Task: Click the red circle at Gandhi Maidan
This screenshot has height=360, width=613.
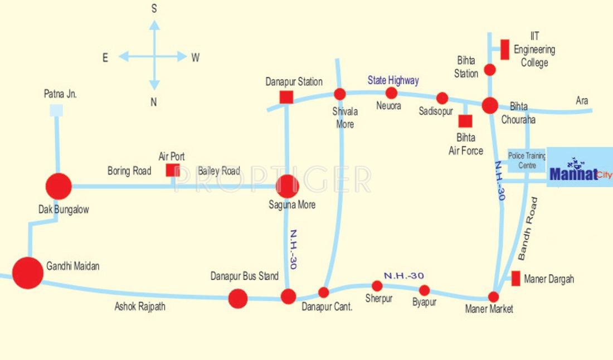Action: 28,273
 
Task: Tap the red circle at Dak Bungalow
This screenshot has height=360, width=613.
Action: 58,186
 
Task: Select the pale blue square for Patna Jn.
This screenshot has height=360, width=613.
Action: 56,110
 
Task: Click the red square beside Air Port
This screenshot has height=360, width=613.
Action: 173,170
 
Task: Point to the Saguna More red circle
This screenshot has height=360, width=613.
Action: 287,187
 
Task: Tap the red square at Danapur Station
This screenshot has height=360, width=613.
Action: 286,97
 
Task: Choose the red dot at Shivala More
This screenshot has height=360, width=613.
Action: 339,94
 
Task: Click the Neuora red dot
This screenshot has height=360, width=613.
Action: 391,93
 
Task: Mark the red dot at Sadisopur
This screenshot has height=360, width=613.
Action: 442,99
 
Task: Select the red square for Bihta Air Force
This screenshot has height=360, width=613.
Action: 465,121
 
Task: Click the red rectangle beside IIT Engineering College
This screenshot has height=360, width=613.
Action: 505,50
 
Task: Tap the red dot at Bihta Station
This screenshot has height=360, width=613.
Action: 489,70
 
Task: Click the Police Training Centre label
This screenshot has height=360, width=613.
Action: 527,160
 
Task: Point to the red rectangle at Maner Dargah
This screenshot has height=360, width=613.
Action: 515,278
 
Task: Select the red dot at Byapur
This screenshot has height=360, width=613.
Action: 425,290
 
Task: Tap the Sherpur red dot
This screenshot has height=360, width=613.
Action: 377,286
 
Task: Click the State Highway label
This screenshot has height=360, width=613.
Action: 393,80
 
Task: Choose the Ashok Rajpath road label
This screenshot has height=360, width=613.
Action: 140,307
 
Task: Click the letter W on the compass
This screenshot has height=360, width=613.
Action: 195,57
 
